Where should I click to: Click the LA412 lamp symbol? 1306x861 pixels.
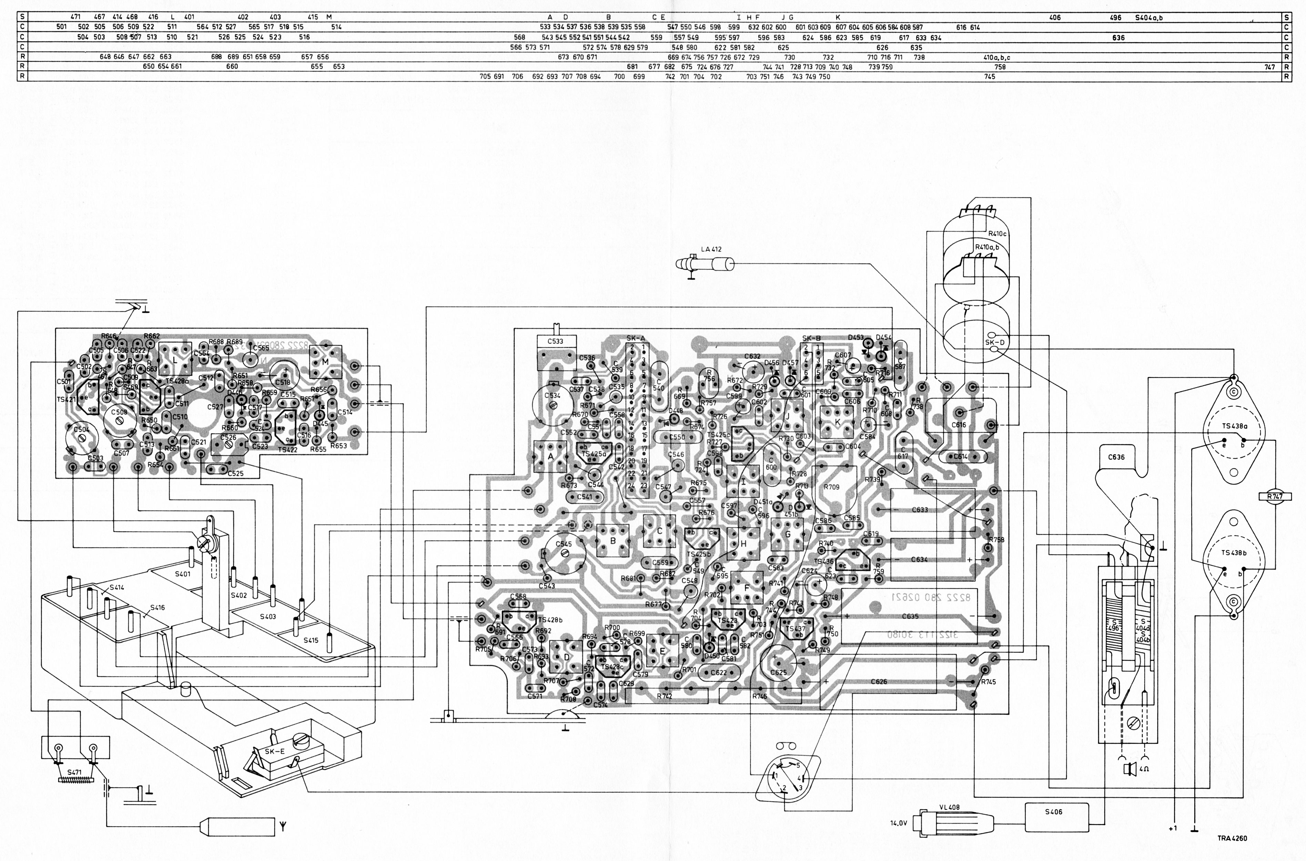coord(706,264)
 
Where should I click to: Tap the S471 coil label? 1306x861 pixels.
coord(75,771)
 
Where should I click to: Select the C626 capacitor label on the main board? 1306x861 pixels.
coord(879,682)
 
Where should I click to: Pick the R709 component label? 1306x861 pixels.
coord(831,487)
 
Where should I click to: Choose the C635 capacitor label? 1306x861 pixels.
coord(910,616)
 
